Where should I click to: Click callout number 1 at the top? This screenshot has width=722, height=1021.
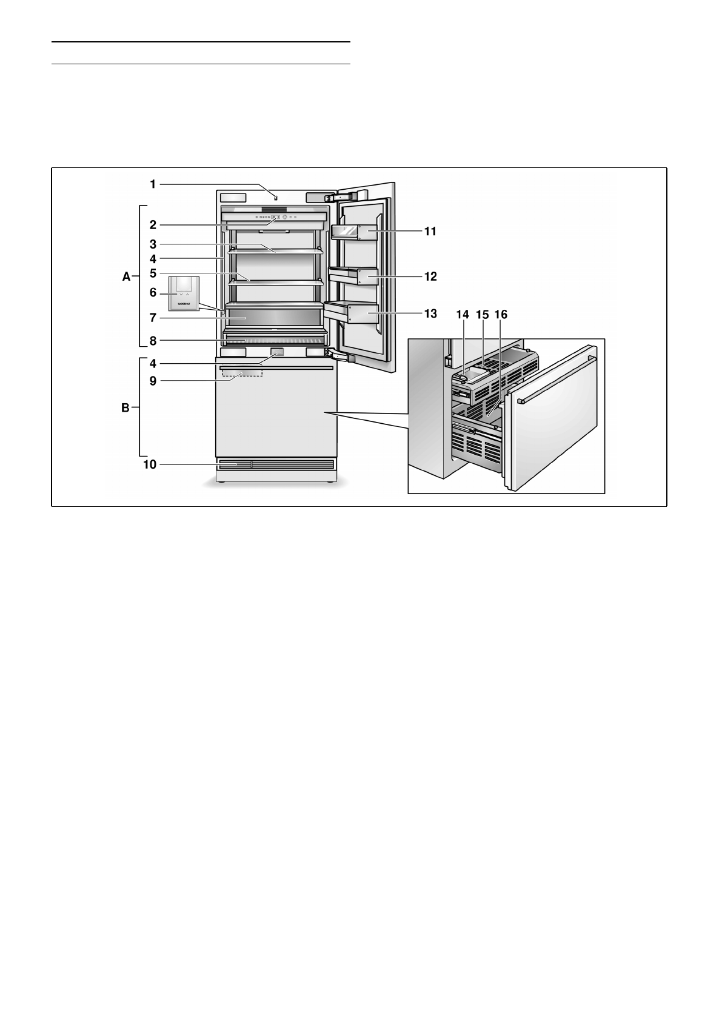[153, 184]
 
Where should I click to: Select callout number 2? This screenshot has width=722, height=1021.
[153, 225]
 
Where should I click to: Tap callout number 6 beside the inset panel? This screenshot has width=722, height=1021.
[153, 293]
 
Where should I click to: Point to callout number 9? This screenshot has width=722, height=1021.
[153, 381]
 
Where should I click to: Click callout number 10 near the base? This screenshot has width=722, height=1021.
[150, 465]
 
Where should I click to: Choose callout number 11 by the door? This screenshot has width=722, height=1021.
[430, 232]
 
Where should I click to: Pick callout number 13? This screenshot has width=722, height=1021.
[430, 314]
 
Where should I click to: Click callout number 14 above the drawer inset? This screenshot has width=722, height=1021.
[463, 315]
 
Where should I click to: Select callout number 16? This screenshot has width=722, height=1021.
[501, 315]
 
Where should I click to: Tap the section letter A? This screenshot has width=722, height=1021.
[126, 277]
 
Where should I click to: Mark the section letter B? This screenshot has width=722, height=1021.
[125, 409]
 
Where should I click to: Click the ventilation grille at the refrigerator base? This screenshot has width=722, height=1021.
[275, 465]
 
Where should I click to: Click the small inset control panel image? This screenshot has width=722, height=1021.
[184, 293]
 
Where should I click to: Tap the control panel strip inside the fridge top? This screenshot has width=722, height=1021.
[274, 216]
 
